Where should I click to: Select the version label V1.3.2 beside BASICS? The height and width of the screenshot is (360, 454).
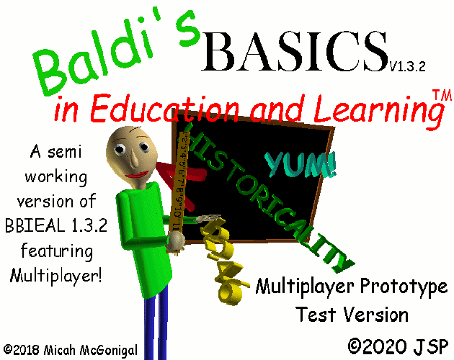coord(408,66)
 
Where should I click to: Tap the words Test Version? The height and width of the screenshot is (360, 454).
coord(352,315)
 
